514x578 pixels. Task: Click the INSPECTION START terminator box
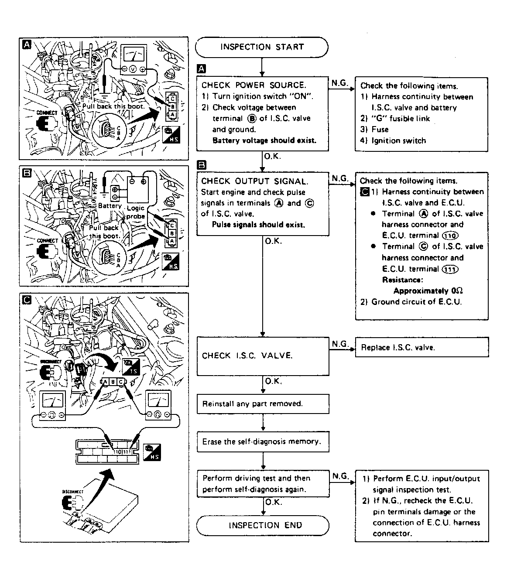261,47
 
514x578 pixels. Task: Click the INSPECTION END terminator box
263,526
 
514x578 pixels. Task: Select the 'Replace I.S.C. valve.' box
421,347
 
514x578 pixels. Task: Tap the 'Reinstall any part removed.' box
263,404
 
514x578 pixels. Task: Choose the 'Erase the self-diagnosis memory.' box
263,441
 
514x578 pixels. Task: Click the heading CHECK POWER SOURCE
254,85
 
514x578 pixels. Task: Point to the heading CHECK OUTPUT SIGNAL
254,181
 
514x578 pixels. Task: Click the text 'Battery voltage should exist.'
264,140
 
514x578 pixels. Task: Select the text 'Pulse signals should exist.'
258,225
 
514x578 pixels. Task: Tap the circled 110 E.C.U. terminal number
450,236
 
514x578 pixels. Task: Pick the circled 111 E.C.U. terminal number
450,269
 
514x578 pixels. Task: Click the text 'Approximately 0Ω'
428,291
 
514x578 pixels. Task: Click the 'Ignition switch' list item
398,140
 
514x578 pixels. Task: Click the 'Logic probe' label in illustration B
135,212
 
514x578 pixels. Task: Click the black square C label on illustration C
27,300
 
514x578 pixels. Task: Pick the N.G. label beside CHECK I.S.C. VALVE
340,344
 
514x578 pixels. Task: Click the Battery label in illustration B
110,206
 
